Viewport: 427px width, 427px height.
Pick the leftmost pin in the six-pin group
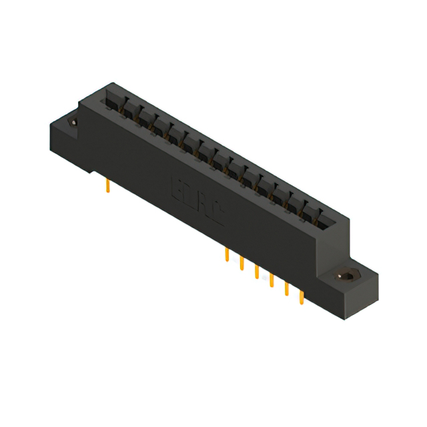coord(228,256)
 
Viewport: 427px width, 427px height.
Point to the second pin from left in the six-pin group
coord(242,264)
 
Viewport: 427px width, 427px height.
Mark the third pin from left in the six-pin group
coord(256,272)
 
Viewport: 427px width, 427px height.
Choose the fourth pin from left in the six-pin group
coord(271,280)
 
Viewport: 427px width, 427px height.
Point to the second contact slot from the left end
coord(127,110)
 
